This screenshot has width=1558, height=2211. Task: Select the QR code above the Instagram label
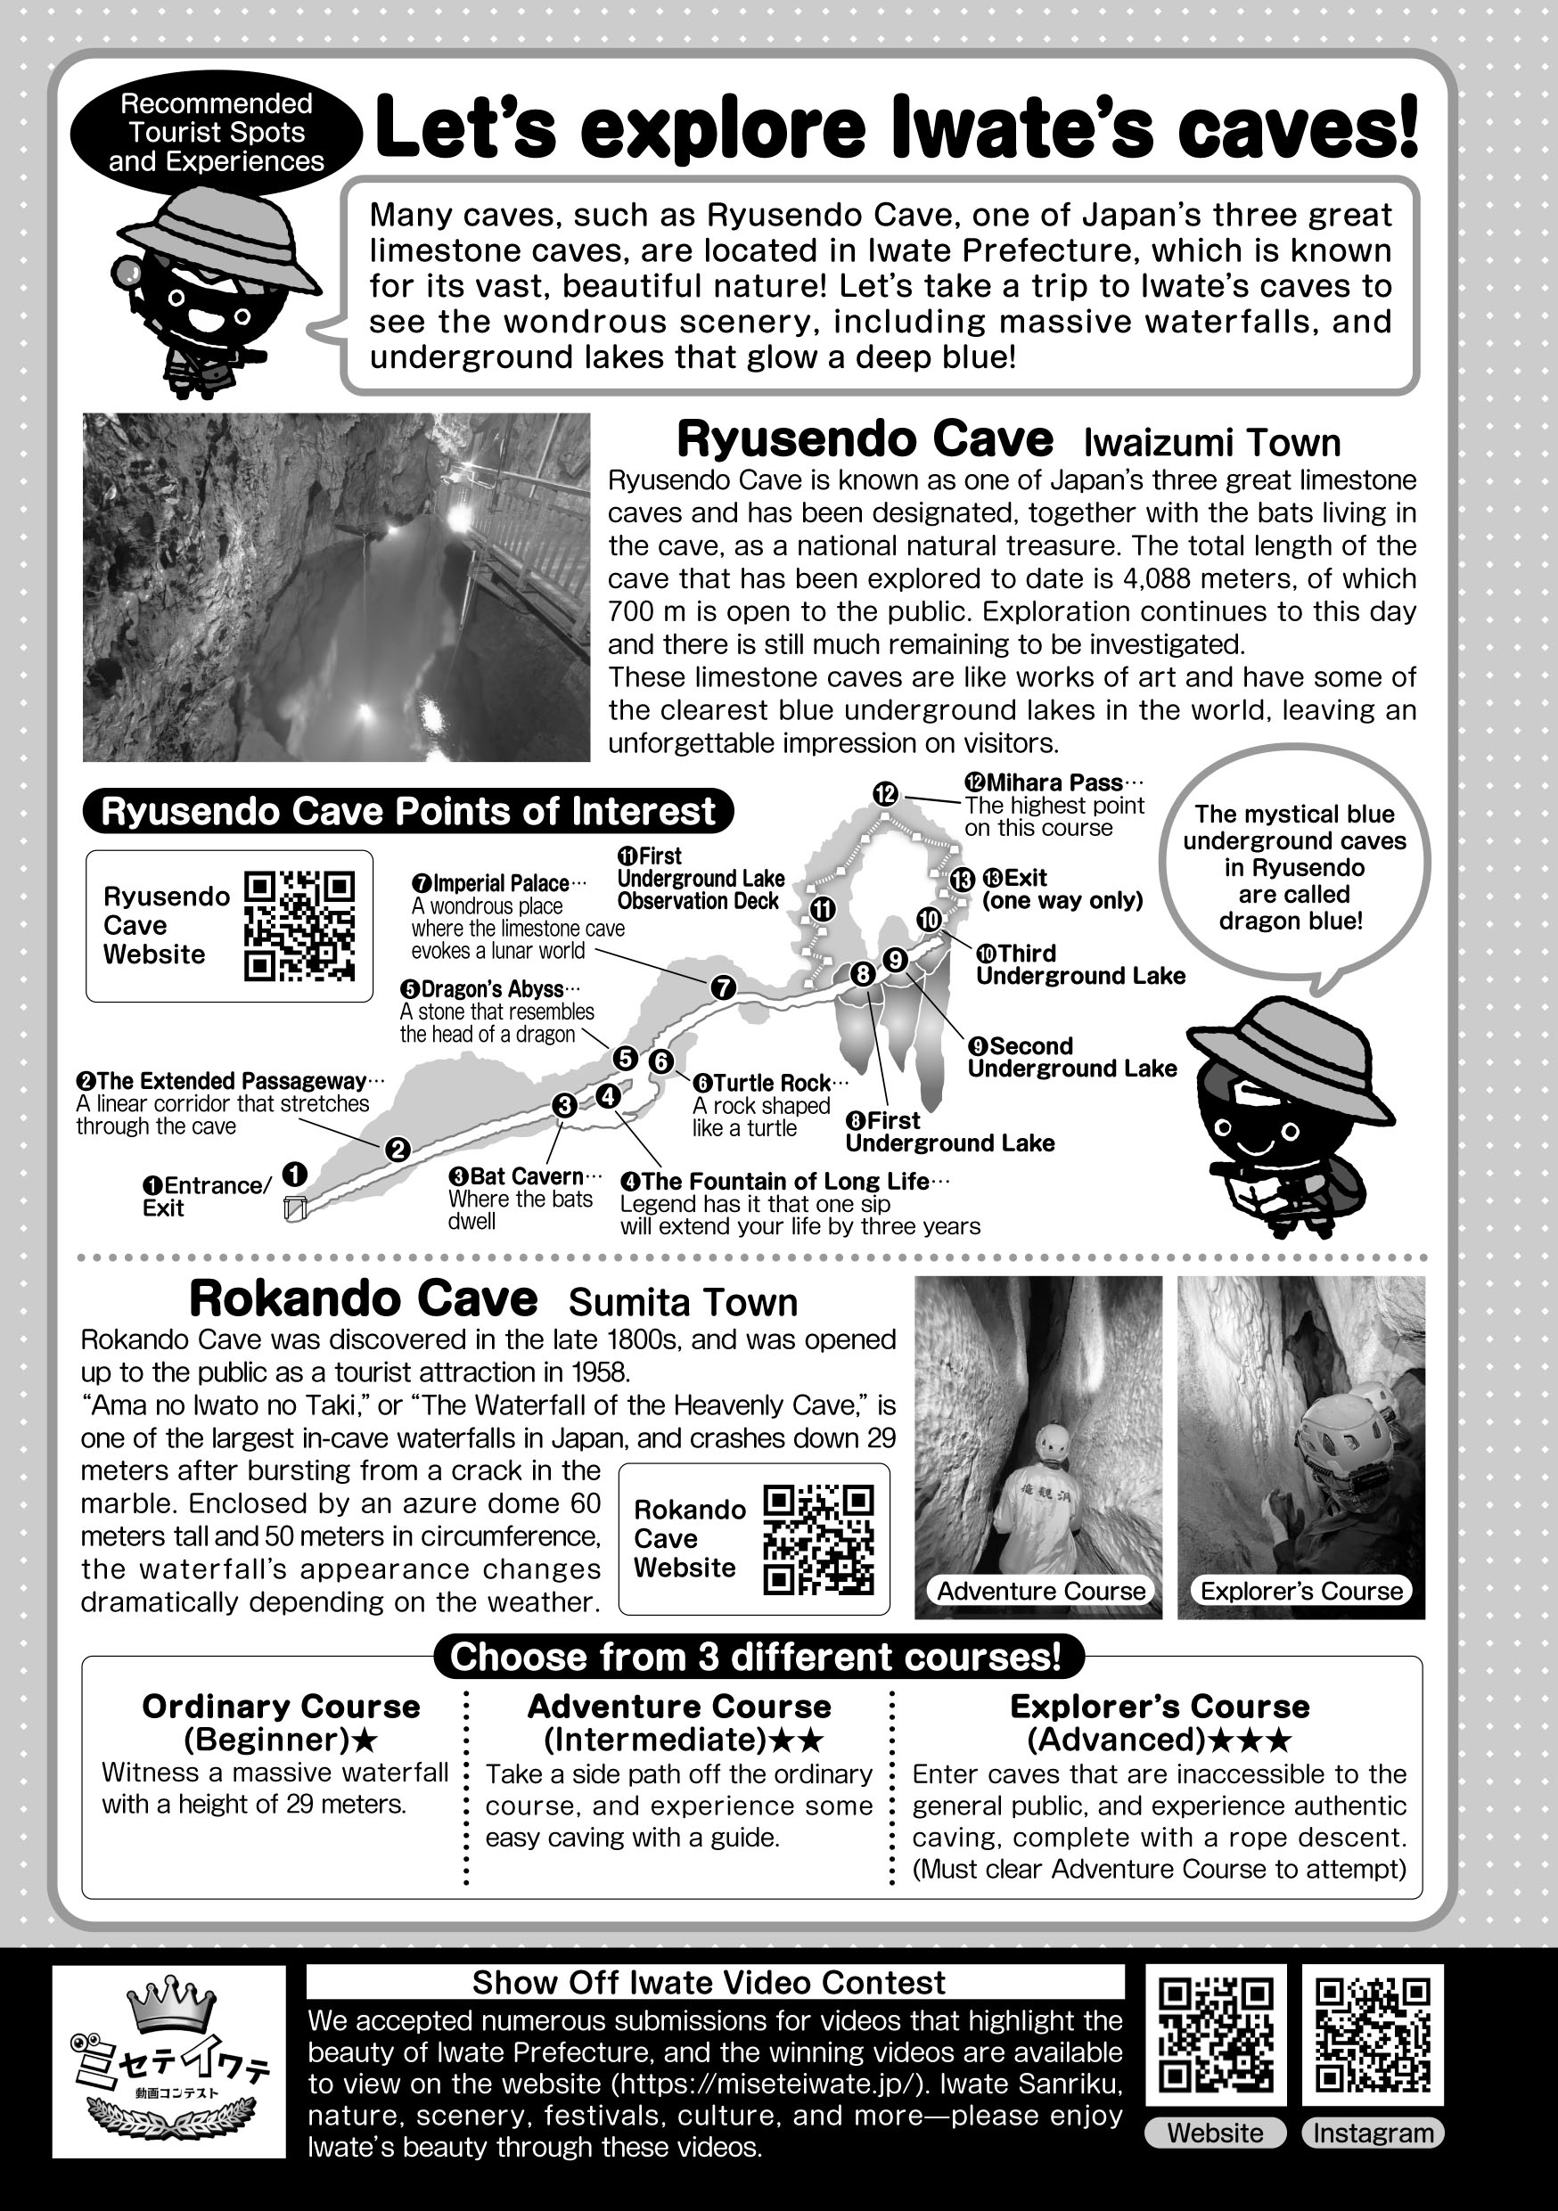point(1372,2035)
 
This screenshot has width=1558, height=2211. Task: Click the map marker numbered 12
point(885,793)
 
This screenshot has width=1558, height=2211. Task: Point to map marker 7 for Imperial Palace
point(722,987)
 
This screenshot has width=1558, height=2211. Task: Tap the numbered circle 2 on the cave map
point(397,1149)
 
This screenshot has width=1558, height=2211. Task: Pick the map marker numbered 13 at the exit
point(961,878)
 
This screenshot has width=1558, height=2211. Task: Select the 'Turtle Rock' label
point(769,1083)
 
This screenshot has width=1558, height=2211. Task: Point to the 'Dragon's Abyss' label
point(489,989)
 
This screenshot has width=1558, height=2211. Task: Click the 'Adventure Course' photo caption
point(1041,1591)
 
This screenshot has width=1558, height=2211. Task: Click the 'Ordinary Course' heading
point(281,1707)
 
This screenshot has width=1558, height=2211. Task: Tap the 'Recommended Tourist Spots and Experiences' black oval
point(217,133)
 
